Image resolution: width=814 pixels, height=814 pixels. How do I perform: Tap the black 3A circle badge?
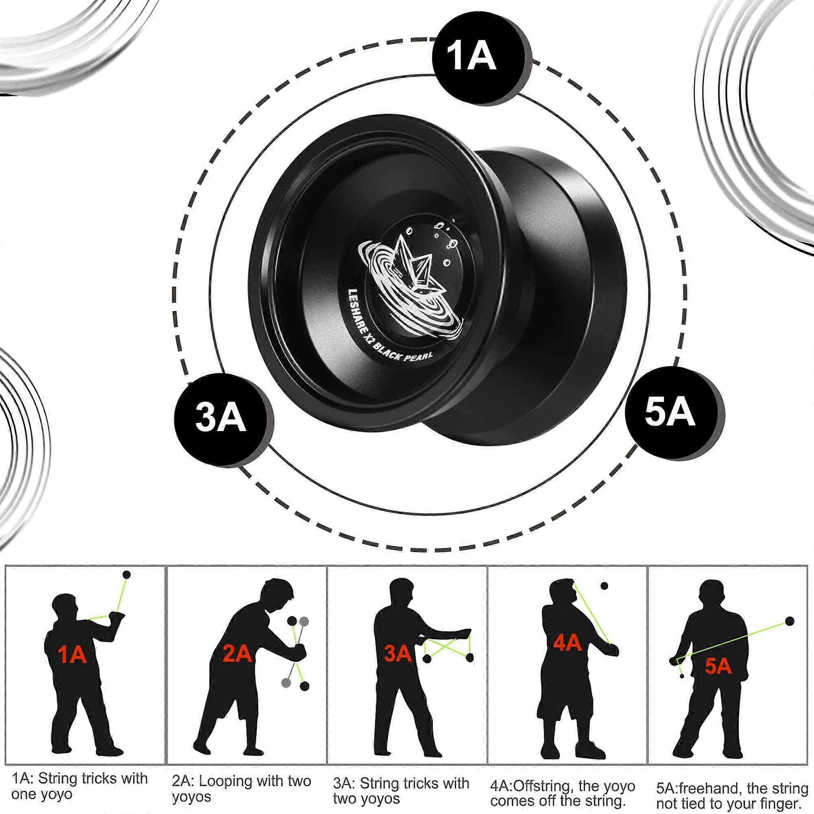coord(221,420)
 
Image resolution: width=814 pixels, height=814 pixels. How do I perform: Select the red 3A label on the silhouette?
coord(398,653)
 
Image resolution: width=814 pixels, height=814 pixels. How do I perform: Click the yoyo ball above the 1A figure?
coord(126,574)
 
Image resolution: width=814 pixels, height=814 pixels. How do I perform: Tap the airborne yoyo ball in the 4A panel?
coord(604,586)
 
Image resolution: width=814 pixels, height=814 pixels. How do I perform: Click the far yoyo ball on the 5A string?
coord(790,621)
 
